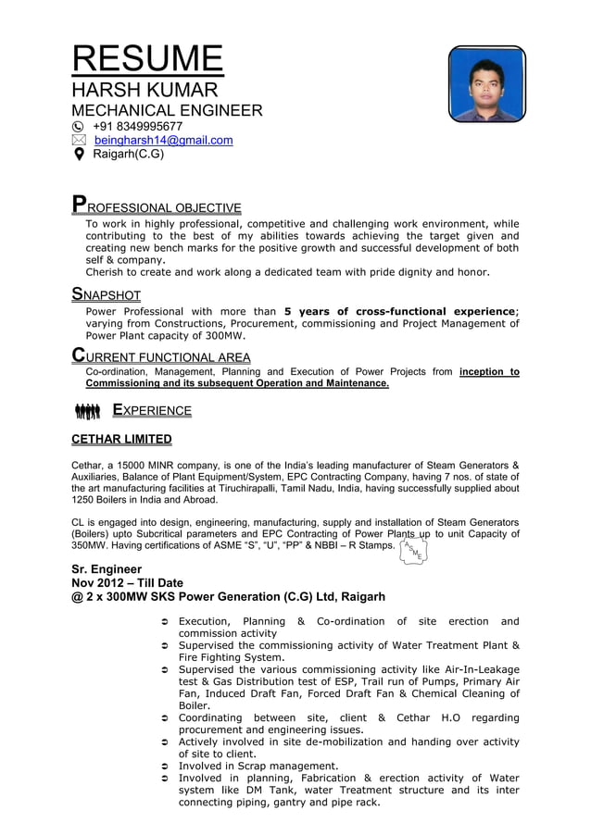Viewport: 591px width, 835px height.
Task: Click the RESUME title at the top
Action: click(147, 58)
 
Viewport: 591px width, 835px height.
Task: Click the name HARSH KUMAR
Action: click(145, 90)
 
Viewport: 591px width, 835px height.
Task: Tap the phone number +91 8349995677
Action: click(138, 126)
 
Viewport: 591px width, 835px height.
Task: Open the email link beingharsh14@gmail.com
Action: click(163, 140)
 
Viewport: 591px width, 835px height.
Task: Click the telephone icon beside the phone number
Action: click(79, 126)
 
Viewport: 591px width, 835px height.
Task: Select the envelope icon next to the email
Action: click(79, 140)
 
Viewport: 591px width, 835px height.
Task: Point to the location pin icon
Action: click(79, 155)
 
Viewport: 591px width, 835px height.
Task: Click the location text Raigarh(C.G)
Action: click(128, 154)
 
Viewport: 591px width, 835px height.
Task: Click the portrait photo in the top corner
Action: click(486, 83)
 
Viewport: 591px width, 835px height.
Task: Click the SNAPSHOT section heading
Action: click(107, 295)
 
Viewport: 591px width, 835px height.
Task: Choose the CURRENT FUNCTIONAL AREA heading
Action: click(161, 356)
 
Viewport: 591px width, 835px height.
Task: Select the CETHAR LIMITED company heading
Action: click(121, 439)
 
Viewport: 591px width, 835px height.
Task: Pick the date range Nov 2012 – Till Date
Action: click(128, 582)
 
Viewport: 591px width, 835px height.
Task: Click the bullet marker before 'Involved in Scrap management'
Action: click(164, 766)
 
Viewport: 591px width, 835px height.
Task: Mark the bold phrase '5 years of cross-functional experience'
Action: click(400, 311)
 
